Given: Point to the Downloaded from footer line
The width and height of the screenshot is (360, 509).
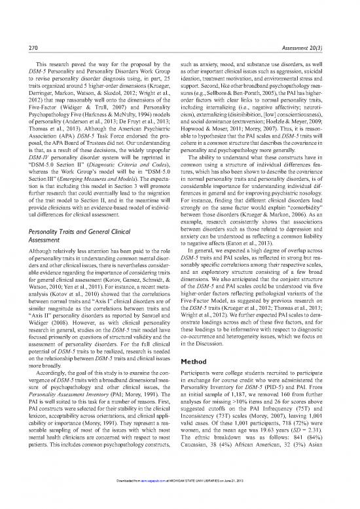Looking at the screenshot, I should [179, 500].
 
